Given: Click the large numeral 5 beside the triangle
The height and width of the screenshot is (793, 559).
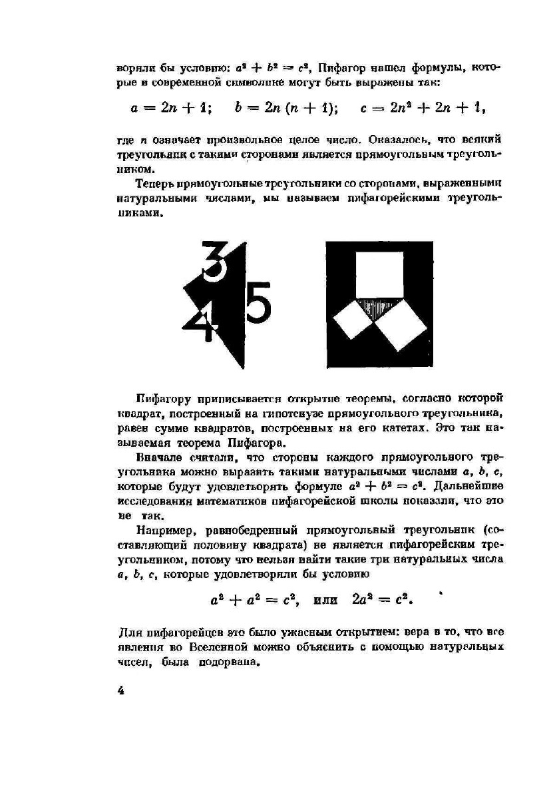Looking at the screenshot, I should tap(259, 303).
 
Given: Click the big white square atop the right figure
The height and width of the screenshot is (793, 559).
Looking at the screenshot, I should tap(379, 274).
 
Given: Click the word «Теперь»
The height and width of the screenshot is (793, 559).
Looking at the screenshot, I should tap(154, 183).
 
